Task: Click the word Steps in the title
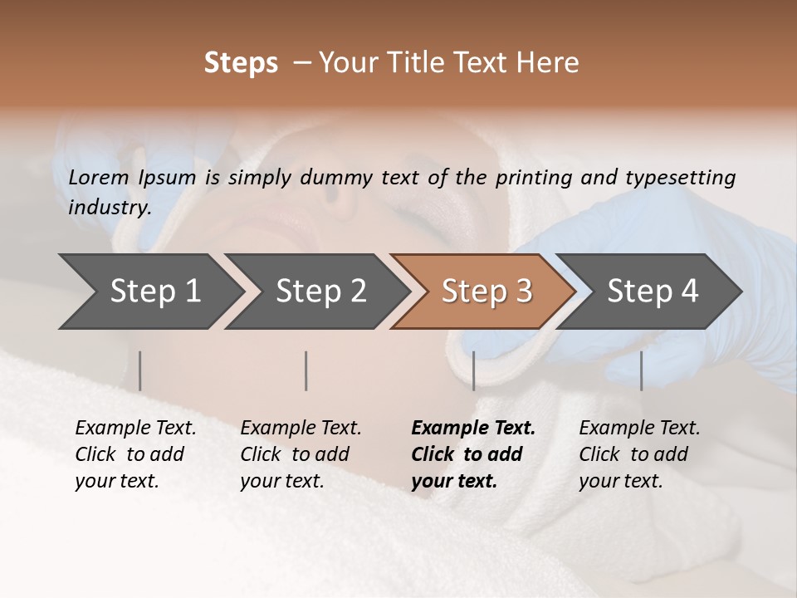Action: tap(241, 63)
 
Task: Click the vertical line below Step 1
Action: tap(140, 370)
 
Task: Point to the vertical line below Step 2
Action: tap(306, 370)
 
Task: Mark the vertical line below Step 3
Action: tap(473, 370)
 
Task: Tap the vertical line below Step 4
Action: tap(641, 370)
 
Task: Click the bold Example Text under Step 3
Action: tap(473, 429)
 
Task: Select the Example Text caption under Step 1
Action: tap(135, 429)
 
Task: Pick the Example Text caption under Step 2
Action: tap(301, 429)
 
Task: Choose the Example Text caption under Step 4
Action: tap(639, 429)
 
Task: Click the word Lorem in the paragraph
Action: tap(99, 178)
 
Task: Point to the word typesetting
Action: tap(680, 178)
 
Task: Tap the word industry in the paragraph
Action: tap(109, 208)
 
